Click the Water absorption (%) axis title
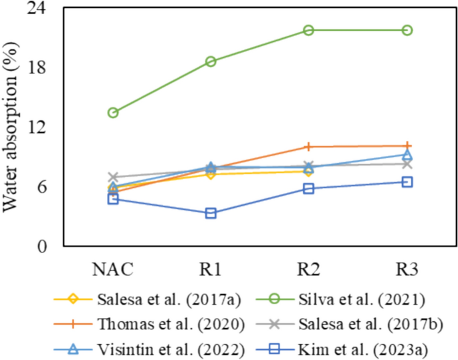(x=11, y=128)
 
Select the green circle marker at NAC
(x=113, y=113)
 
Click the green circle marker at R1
(x=211, y=61)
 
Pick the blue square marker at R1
(x=211, y=213)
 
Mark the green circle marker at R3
(x=407, y=30)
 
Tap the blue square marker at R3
(x=407, y=182)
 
